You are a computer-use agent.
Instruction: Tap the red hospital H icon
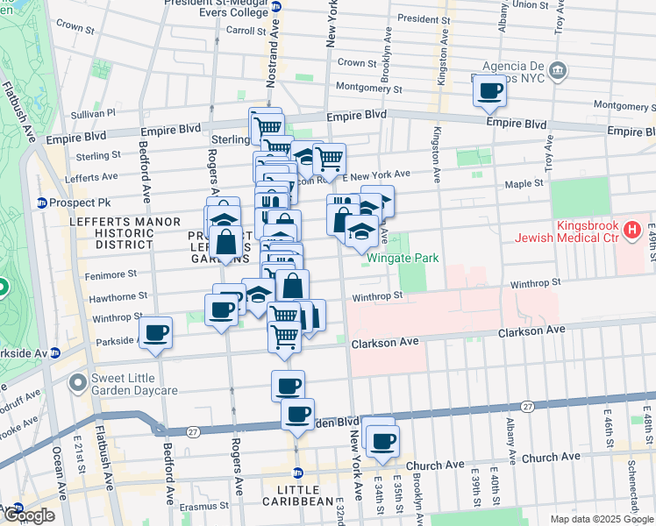coord(631,231)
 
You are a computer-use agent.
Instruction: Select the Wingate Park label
coord(403,258)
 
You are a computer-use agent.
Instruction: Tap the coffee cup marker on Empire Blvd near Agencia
coord(489,90)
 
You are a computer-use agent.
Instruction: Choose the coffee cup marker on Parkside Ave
coord(156,333)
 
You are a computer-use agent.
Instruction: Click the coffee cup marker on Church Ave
coord(382,442)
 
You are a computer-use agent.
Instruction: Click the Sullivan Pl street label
coord(93,113)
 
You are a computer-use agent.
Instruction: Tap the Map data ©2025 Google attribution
coord(602,519)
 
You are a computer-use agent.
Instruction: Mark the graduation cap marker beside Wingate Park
coord(361,231)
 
